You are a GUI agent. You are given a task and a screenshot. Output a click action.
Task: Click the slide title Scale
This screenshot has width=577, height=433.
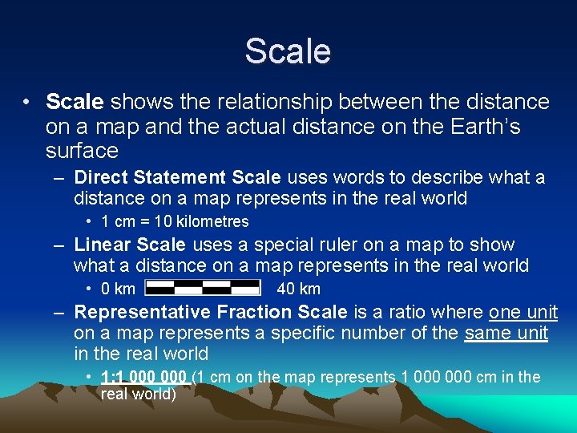click(x=288, y=51)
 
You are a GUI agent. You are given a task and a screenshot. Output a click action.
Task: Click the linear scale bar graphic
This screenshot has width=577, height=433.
click(x=204, y=288)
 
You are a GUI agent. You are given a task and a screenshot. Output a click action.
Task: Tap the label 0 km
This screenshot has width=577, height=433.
click(x=118, y=289)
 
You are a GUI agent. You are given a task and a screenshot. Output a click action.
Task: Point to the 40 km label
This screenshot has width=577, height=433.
click(x=298, y=289)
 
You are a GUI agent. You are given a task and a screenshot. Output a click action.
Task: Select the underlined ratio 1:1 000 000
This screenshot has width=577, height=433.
click(x=144, y=377)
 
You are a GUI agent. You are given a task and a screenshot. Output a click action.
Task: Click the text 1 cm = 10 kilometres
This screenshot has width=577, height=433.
click(x=176, y=221)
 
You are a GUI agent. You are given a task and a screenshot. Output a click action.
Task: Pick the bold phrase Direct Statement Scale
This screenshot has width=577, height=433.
click(x=177, y=176)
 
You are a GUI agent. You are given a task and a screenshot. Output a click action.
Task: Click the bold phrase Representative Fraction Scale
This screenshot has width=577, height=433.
click(x=211, y=312)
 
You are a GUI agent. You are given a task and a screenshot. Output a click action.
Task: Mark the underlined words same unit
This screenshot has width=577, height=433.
click(x=506, y=333)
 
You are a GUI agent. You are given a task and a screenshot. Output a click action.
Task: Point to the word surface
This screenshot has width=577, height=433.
click(x=83, y=151)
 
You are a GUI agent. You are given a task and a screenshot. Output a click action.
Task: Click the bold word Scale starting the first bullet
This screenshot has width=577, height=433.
click(x=75, y=103)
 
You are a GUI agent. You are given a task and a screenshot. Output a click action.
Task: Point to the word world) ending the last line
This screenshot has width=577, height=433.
click(x=154, y=394)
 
